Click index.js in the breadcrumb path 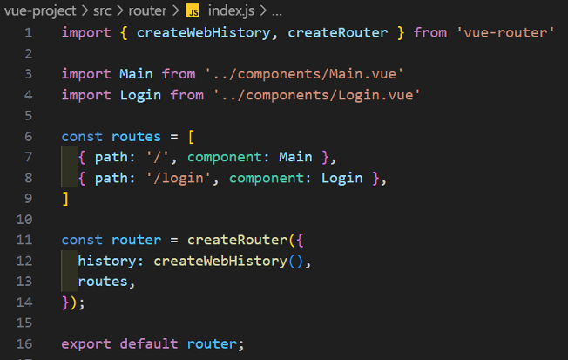[232, 10]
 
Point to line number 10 [24, 219]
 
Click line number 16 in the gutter [24, 343]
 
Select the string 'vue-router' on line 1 [504, 33]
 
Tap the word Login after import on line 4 [130, 94]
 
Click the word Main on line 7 [295, 157]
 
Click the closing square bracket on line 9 [65, 198]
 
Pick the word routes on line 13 [105, 282]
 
